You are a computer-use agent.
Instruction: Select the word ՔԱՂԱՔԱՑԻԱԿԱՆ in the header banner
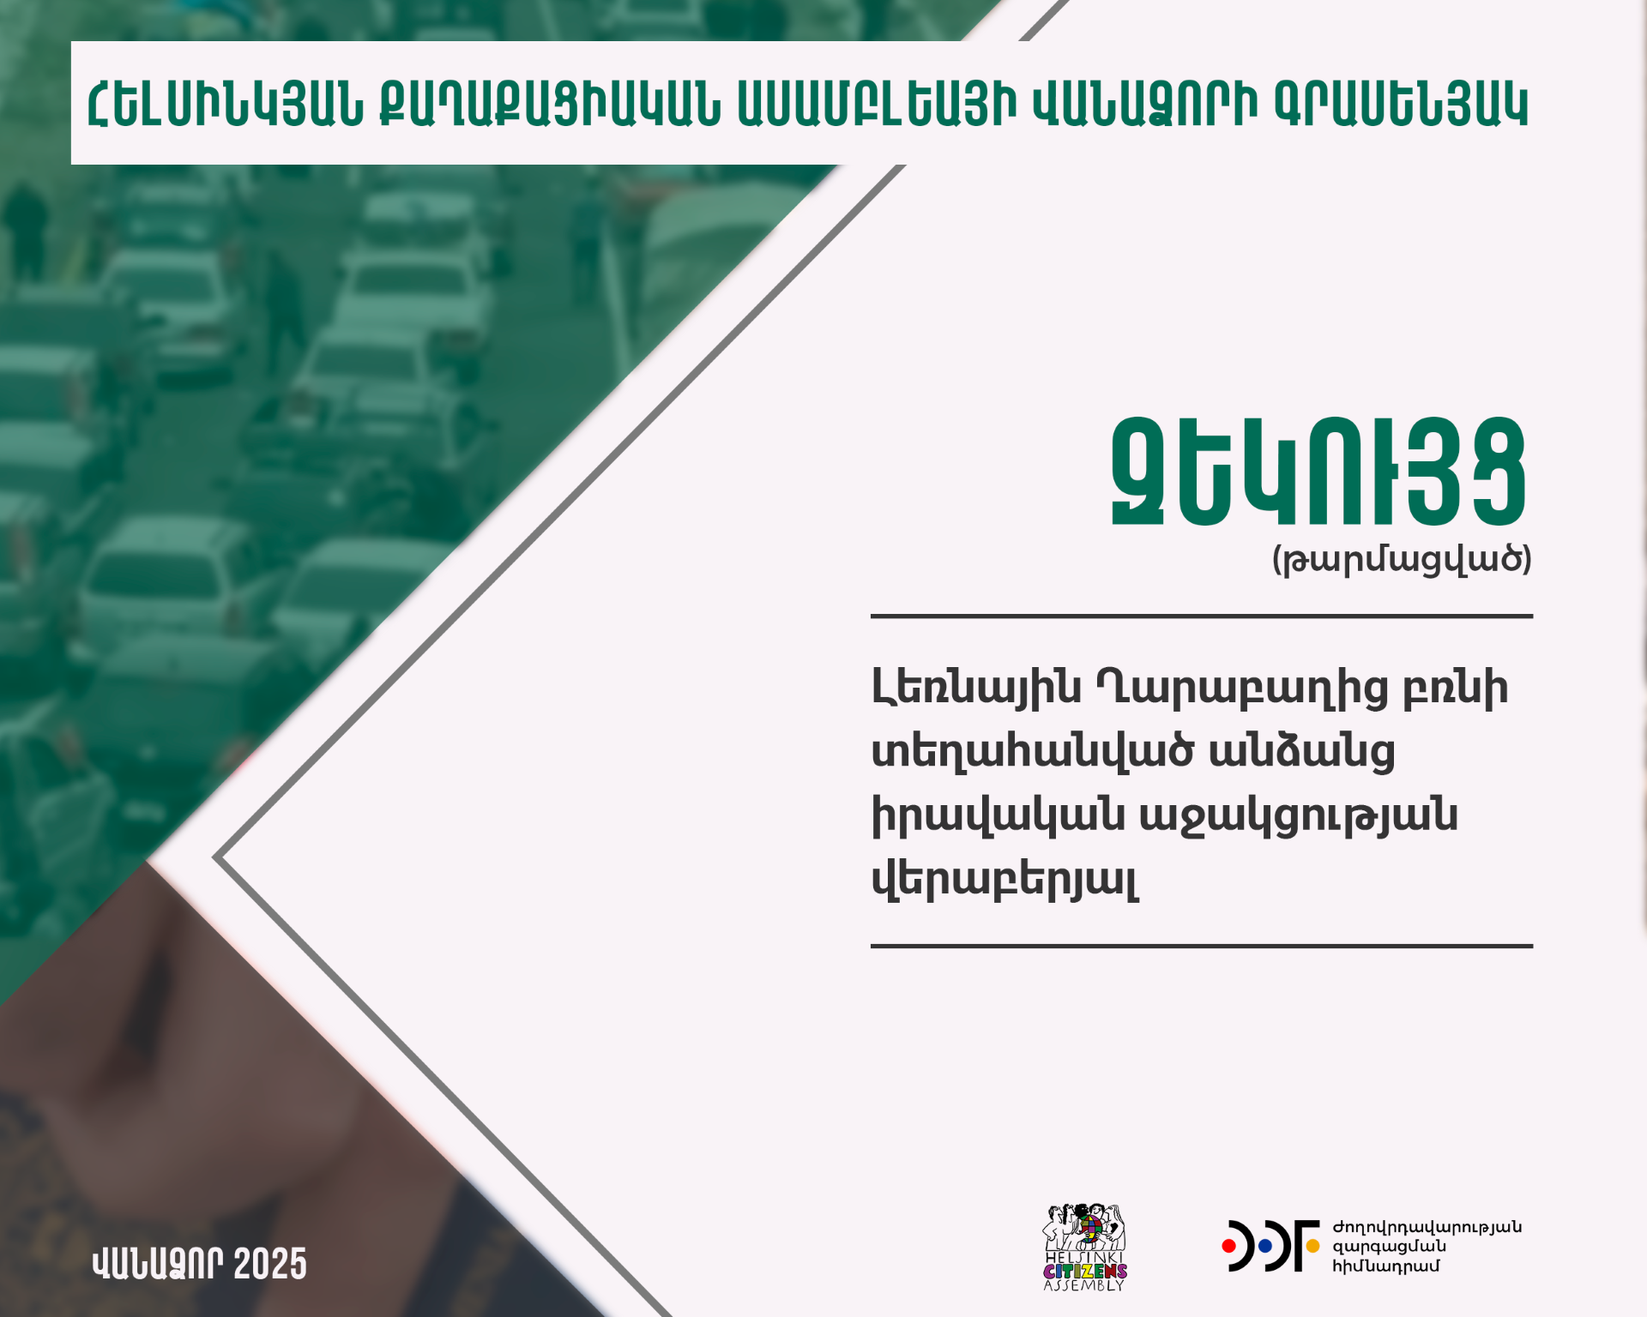[551, 105]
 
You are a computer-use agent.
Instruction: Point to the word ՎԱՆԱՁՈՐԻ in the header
[1145, 105]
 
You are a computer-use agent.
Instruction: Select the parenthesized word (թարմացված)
[1402, 560]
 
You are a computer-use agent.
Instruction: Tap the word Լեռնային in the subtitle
[976, 689]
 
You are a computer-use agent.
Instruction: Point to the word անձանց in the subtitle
[1302, 752]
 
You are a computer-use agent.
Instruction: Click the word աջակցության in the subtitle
[1299, 815]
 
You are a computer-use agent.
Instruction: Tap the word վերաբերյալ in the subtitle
[1005, 879]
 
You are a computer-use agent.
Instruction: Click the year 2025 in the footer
[269, 1265]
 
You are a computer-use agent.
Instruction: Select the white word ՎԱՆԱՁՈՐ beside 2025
[158, 1265]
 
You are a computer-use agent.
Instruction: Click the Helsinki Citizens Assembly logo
[1084, 1248]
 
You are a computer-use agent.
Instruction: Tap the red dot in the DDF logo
[1229, 1245]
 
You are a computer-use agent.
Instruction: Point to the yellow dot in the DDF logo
[1312, 1245]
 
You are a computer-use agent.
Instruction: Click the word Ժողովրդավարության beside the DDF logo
[1427, 1228]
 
